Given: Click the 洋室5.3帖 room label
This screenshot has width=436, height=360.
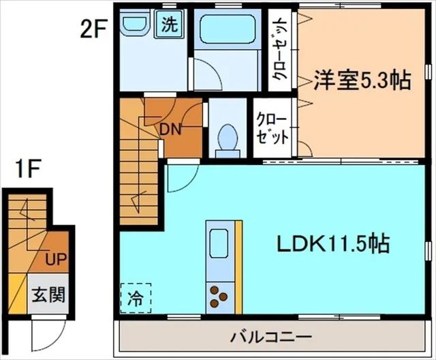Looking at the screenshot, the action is pos(362,80).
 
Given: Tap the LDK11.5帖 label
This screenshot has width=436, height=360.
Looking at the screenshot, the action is pos(332,243).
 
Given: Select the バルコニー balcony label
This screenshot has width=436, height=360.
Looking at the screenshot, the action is pos(271,337).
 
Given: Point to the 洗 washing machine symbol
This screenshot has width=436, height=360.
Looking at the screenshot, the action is pos(169,24).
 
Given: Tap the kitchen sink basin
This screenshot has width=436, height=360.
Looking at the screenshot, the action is pos(219,243).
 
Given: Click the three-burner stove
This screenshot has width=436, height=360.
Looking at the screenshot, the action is pos(219,297).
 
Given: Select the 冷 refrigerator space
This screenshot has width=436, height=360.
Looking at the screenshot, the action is pos(136,299).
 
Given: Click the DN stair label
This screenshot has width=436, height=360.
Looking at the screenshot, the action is pos(170,130).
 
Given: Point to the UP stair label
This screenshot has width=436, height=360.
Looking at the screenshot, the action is pos(56,260).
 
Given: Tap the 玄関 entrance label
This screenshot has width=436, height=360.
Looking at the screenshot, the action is pos(48,295).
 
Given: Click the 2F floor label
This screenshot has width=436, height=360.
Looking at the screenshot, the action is pos(94,31).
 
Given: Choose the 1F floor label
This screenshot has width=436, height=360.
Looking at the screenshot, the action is pos(28,168).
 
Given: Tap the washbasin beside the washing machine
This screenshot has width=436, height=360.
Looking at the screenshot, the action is pos(134,24).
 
